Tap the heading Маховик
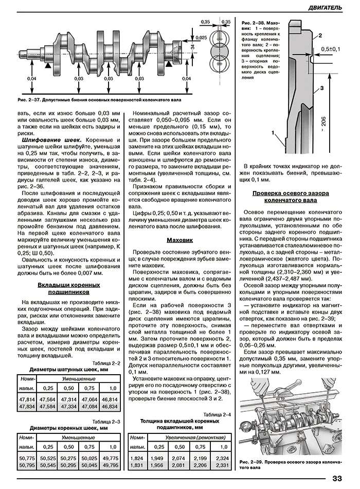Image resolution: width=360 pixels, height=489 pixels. pyautogui.click(x=179, y=240)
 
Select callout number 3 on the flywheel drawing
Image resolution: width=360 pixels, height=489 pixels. pyautogui.click(x=321, y=89)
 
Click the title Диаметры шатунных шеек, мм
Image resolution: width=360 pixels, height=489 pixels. pyautogui.click(x=68, y=370)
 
